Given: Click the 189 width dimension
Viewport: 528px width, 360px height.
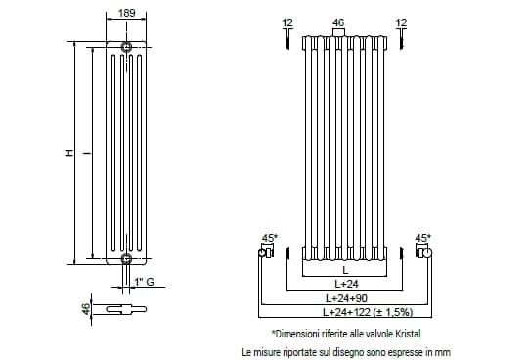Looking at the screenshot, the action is click(126, 13).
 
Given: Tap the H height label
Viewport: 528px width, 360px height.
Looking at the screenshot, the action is click(69, 153).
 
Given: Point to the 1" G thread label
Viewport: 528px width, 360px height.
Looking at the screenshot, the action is click(145, 282).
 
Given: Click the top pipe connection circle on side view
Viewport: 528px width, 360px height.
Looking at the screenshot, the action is click(126, 47).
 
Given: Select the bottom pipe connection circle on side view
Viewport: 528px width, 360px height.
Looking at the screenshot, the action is click(126, 259).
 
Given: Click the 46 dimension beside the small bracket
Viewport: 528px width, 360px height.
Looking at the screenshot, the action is click(87, 309).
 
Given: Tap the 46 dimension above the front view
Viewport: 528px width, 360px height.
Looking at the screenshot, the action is click(338, 22).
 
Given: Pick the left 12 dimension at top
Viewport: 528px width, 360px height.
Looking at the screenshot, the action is click(287, 22).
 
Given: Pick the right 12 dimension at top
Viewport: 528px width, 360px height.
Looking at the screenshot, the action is click(401, 22).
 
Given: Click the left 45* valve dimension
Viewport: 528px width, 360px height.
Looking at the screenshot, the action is click(270, 238).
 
